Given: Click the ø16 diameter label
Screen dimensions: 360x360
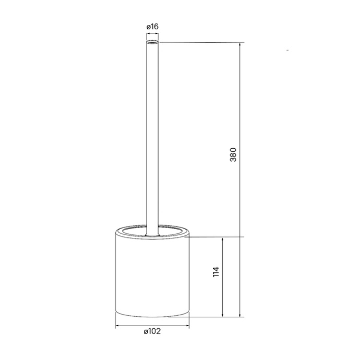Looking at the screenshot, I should pyautogui.click(x=152, y=26).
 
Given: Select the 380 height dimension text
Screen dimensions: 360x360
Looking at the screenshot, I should pyautogui.click(x=233, y=154).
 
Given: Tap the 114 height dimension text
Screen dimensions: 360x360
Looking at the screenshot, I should pyautogui.click(x=216, y=272).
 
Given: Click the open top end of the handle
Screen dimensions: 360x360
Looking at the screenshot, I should pyautogui.click(x=152, y=41).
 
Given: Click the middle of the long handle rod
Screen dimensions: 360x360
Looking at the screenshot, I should pyautogui.click(x=152, y=136).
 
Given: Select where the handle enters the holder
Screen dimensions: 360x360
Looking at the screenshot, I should pyautogui.click(x=152, y=233).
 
